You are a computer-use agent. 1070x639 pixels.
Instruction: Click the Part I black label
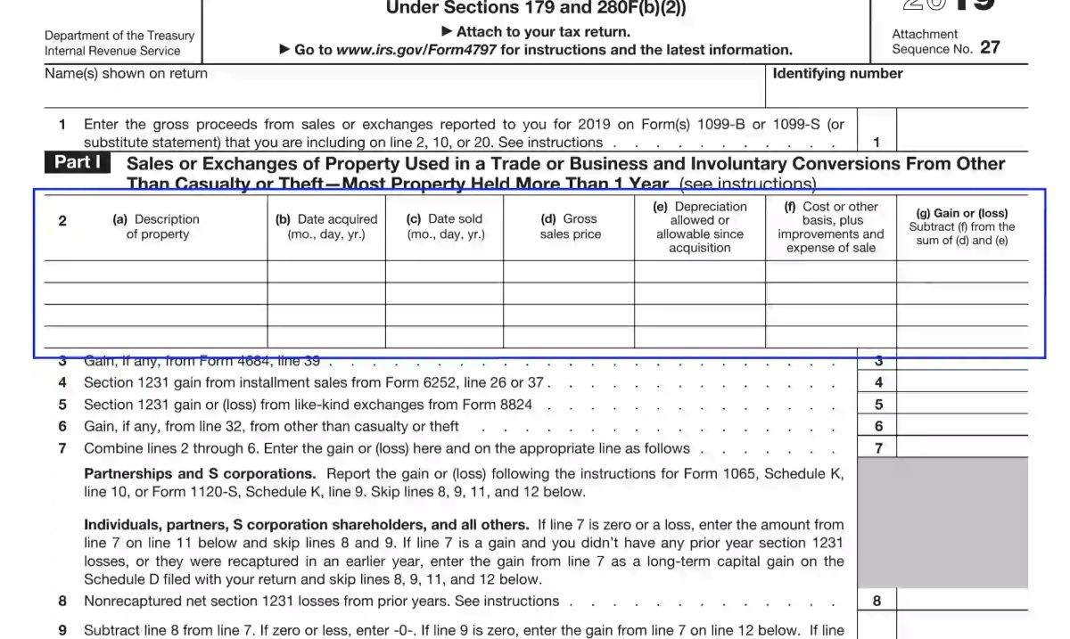tap(77, 162)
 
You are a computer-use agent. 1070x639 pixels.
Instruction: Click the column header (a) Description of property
tap(156, 226)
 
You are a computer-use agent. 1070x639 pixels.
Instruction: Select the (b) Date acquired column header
tap(326, 226)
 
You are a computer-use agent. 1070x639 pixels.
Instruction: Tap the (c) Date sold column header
tap(444, 226)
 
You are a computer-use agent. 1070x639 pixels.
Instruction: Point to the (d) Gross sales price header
tap(570, 226)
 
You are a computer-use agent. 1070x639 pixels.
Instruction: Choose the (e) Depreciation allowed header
tap(699, 226)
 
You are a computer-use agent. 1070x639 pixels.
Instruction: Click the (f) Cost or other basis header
tap(830, 226)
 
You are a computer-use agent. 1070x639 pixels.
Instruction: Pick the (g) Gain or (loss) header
tap(961, 226)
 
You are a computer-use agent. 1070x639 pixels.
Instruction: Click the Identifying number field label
tap(837, 74)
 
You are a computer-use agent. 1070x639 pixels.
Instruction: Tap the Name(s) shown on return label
tap(126, 74)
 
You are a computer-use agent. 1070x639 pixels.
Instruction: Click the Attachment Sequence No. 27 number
tap(990, 48)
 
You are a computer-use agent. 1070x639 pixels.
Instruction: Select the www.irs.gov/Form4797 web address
tap(416, 50)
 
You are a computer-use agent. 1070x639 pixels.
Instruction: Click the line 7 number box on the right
tap(878, 448)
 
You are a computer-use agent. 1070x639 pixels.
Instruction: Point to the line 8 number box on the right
tap(877, 601)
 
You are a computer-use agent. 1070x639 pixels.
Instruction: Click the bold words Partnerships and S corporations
tap(200, 474)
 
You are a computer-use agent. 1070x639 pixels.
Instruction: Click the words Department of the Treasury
tap(119, 36)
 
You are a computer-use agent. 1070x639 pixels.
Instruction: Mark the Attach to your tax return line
tap(536, 32)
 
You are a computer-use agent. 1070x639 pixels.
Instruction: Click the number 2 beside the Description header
tap(62, 221)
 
